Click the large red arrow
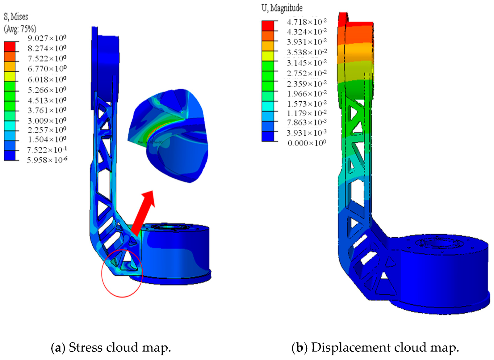(x=143, y=213)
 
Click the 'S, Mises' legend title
(x=16, y=17)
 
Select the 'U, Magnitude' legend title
(x=282, y=8)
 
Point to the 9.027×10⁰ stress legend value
(x=47, y=38)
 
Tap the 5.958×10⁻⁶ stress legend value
(x=47, y=160)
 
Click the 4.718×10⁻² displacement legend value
(x=307, y=22)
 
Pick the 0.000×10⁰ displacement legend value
(x=307, y=143)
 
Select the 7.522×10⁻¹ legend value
(x=47, y=150)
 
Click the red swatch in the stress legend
(x=10, y=47)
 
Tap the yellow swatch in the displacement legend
(x=268, y=56)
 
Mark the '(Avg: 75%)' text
(x=20, y=29)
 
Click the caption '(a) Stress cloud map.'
(x=111, y=347)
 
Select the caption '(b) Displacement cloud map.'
(x=375, y=347)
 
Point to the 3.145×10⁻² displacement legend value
(x=307, y=63)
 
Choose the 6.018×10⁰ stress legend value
(x=47, y=79)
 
